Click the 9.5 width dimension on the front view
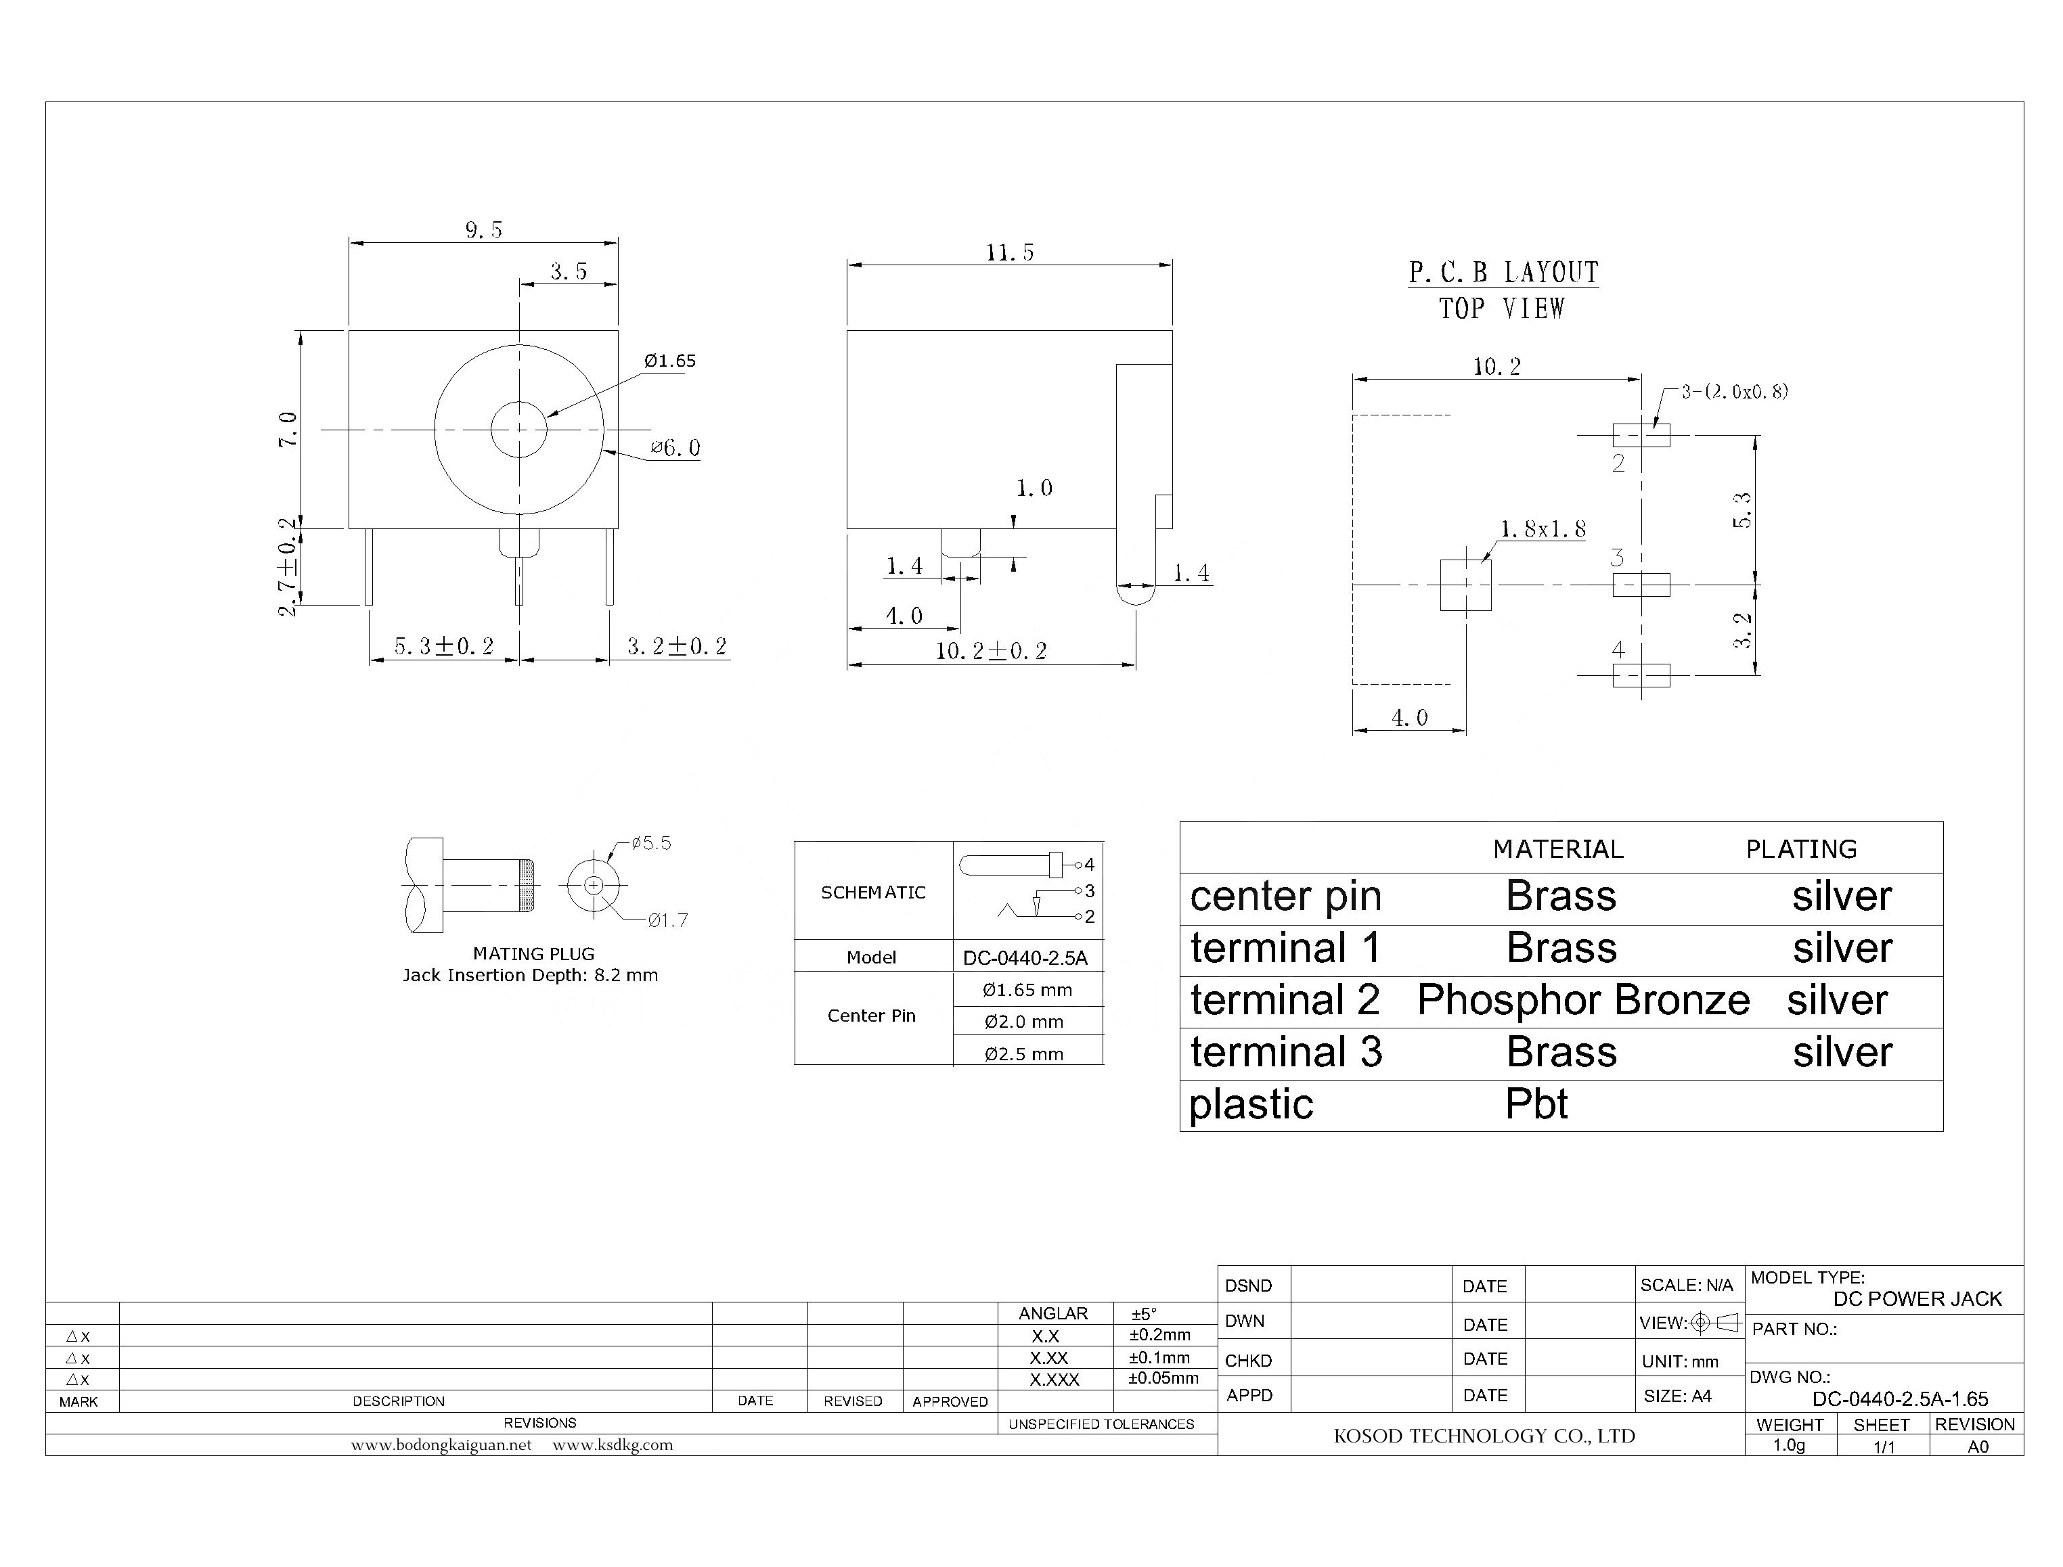point(483,229)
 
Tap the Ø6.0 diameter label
point(675,449)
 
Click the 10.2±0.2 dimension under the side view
point(991,651)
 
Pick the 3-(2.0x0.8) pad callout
point(1733,392)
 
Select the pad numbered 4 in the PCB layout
point(1641,675)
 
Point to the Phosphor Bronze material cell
point(1582,1001)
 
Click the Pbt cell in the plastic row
point(1536,1104)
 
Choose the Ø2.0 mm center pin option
point(1023,1022)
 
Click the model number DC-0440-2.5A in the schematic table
point(1025,958)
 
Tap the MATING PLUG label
point(533,954)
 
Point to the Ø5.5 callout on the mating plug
point(650,843)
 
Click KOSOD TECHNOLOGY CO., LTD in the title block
point(1484,1436)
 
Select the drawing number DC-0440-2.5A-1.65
point(1900,1399)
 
